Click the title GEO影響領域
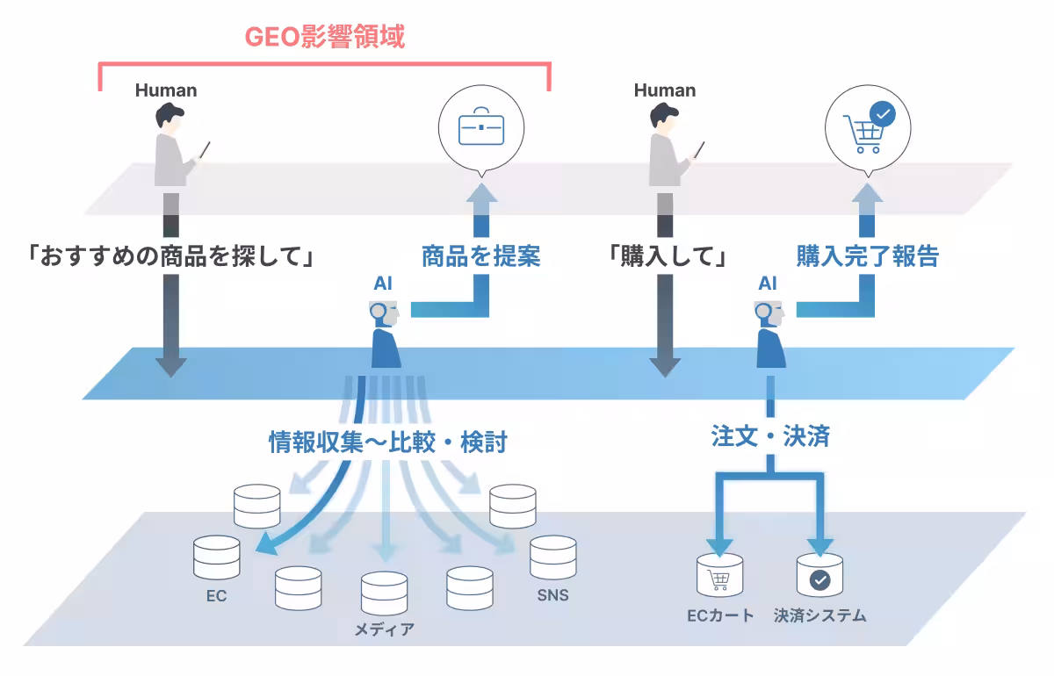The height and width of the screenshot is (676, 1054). coord(324,38)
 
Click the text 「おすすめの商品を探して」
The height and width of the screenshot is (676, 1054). coord(171,256)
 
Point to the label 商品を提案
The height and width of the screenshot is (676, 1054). coord(480,256)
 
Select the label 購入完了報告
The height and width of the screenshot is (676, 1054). coord(868,256)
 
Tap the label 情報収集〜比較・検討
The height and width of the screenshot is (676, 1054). coord(387,442)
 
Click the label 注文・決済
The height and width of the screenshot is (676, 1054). coord(770,436)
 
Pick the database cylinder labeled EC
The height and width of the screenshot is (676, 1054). coord(216,557)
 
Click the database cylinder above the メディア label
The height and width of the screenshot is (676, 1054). coord(384,594)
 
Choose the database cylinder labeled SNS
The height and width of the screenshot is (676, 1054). coord(552,557)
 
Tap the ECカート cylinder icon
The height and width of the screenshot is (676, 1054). coord(719,576)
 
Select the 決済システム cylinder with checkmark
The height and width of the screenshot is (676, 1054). coord(819,576)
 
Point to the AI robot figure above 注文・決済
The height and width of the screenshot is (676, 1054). coord(769,334)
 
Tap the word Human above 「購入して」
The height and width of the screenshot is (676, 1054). coord(664,90)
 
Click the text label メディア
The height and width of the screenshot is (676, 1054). coord(384,629)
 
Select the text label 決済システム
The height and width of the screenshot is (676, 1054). coord(820,615)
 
